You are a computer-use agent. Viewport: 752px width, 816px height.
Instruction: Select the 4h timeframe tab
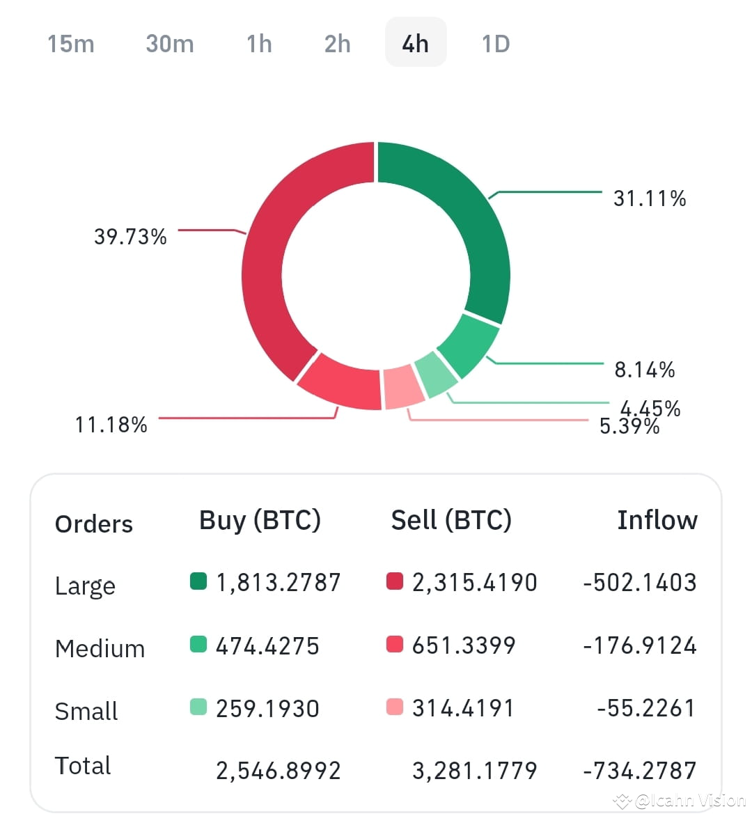click(x=416, y=43)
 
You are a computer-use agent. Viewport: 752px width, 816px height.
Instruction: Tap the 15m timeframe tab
click(x=70, y=43)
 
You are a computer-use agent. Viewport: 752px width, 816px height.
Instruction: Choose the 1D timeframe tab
click(x=496, y=43)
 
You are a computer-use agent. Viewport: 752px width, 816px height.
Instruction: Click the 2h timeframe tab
click(x=338, y=43)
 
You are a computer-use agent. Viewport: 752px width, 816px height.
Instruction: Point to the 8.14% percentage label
click(x=644, y=369)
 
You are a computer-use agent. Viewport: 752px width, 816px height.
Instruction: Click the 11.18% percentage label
click(x=111, y=424)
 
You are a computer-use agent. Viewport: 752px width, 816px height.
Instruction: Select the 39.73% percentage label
click(x=130, y=237)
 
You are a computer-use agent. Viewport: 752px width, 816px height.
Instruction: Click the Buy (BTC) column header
click(x=260, y=520)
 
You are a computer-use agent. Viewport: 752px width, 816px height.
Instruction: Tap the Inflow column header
click(x=657, y=520)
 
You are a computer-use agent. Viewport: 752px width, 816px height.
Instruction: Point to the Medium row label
click(x=100, y=648)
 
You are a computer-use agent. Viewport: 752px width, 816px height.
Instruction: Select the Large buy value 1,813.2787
click(x=278, y=582)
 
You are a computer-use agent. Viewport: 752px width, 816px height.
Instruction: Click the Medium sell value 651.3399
click(x=463, y=645)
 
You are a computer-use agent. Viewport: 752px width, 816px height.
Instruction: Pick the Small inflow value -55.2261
click(x=645, y=708)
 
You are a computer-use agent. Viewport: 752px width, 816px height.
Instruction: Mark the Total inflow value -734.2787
click(x=639, y=770)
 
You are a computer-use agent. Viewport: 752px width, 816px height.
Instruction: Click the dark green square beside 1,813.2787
click(x=198, y=581)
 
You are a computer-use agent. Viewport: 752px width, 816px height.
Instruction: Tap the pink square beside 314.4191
click(x=395, y=707)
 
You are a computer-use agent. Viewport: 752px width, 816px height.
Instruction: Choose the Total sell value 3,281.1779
click(x=474, y=770)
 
